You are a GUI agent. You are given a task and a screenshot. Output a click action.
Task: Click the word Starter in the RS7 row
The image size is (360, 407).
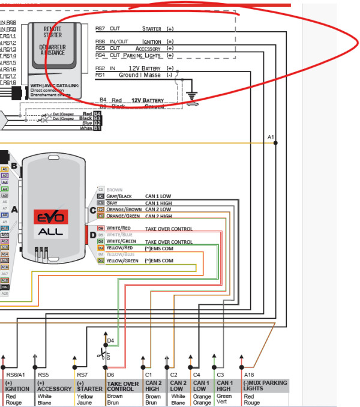point(151,28)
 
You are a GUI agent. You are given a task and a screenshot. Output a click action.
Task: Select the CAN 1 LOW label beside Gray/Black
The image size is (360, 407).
point(158,196)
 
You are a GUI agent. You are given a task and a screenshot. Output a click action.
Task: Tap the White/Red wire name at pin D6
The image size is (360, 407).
point(119,229)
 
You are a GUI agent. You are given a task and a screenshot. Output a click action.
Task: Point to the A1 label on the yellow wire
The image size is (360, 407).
point(271,137)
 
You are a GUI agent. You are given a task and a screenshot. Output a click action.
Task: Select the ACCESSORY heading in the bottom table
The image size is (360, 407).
point(54,388)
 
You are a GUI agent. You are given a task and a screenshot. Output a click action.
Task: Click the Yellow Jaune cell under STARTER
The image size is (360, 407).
point(85,399)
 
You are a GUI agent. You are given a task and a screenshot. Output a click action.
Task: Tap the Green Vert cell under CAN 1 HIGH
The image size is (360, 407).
point(224,399)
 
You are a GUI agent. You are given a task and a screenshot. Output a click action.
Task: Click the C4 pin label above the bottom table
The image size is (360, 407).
point(196,375)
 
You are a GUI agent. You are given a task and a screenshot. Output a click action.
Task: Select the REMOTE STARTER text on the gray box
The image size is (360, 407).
point(53,31)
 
